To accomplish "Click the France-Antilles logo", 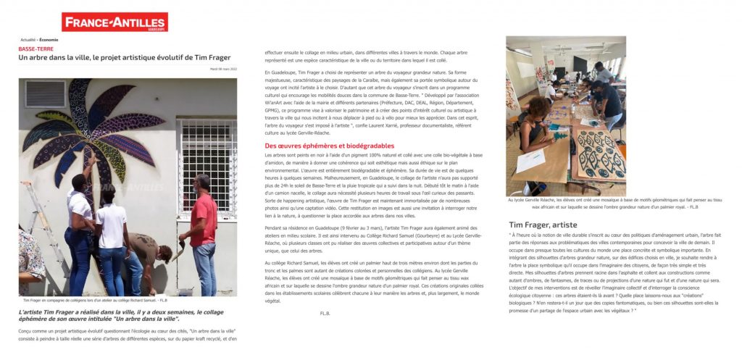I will click(114, 22).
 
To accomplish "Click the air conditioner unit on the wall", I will click(46, 93).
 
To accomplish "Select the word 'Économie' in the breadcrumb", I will click(50, 40).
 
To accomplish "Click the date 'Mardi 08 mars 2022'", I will click(222, 70).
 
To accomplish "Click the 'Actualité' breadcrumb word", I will click(30, 40).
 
